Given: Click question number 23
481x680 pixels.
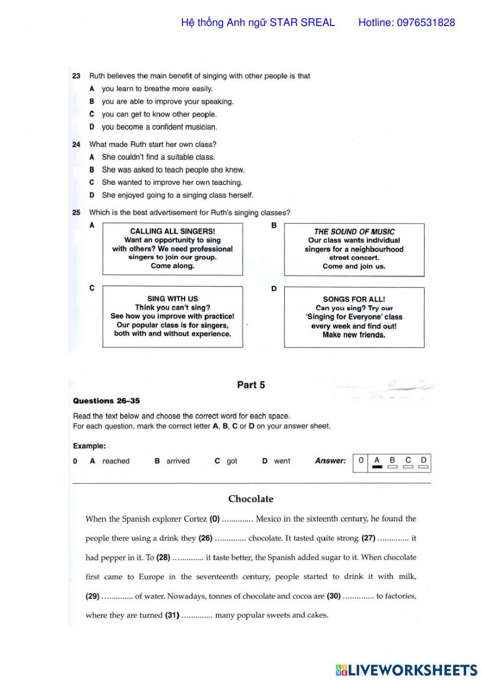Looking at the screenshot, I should (76, 76).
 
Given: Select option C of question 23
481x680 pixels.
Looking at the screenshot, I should (92, 115).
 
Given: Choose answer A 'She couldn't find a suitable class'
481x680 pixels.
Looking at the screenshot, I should (158, 157).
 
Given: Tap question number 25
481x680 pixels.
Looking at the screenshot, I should (76, 213).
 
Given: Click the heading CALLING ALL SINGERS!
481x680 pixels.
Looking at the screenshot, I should (172, 231).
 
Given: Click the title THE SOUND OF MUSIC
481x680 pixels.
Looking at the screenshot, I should (354, 231).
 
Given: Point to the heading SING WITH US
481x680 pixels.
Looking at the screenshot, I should (172, 299).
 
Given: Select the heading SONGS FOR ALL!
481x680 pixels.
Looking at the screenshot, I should (354, 299).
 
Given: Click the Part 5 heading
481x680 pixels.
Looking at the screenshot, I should (251, 385).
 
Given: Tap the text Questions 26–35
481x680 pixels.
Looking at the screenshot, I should (106, 401).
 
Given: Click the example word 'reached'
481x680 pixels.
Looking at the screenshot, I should (115, 461).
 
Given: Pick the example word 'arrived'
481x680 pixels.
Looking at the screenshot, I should (178, 461).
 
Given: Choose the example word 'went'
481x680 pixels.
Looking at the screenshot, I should (282, 461).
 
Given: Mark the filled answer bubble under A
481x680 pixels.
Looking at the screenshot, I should (377, 467).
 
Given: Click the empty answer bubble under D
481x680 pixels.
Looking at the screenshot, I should (423, 467).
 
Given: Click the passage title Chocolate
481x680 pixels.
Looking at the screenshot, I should (251, 499).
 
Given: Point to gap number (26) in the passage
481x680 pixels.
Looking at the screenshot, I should (205, 538).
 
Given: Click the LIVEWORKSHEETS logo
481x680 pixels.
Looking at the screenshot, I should (406, 670).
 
